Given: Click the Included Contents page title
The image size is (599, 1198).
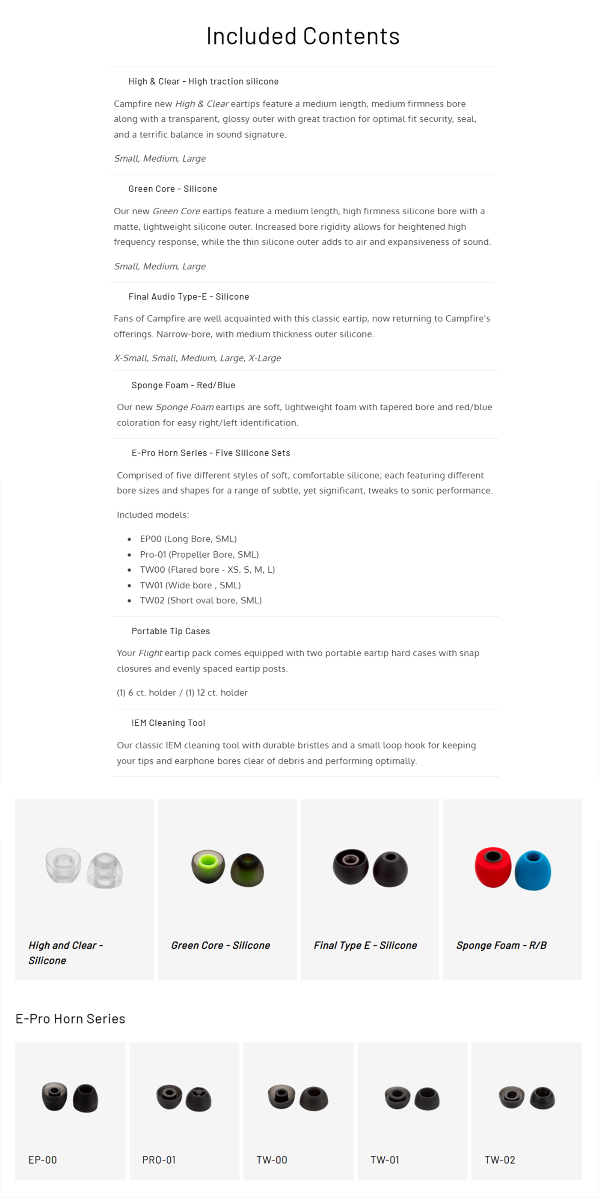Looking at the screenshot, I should pyautogui.click(x=303, y=36).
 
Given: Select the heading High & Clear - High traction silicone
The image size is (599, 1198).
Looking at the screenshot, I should pyautogui.click(x=203, y=81).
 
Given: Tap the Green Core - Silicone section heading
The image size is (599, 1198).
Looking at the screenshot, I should pyautogui.click(x=172, y=189).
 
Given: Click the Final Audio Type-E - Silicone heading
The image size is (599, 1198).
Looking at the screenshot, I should pyautogui.click(x=188, y=297).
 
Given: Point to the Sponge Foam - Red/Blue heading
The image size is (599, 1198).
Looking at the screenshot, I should pyautogui.click(x=183, y=385).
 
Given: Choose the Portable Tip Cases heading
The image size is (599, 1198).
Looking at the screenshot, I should pyautogui.click(x=171, y=631).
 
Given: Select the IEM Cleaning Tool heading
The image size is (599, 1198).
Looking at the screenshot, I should pyautogui.click(x=168, y=723).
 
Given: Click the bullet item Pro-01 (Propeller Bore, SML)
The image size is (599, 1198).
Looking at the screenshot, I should pyautogui.click(x=199, y=554).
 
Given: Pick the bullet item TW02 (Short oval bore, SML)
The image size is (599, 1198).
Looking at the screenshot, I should pyautogui.click(x=200, y=600).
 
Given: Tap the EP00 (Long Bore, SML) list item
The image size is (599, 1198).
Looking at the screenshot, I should pyautogui.click(x=188, y=539).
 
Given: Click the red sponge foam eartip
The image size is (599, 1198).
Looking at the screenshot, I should pyautogui.click(x=492, y=867).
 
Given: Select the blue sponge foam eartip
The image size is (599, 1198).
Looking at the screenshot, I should pyautogui.click(x=533, y=870).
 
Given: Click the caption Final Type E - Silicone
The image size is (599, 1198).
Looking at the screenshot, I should pyautogui.click(x=365, y=946).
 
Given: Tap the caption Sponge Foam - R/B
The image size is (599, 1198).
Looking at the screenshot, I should pyautogui.click(x=501, y=946).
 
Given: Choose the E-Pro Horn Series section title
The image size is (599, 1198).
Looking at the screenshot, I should pyautogui.click(x=70, y=1019).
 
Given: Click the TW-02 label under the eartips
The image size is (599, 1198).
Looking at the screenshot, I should pyautogui.click(x=499, y=1160).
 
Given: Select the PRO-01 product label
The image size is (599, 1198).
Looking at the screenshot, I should pyautogui.click(x=159, y=1160).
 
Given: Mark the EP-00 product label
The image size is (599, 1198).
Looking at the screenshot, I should pyautogui.click(x=42, y=1160).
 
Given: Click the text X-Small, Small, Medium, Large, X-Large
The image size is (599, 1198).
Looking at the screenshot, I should pyautogui.click(x=197, y=358).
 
